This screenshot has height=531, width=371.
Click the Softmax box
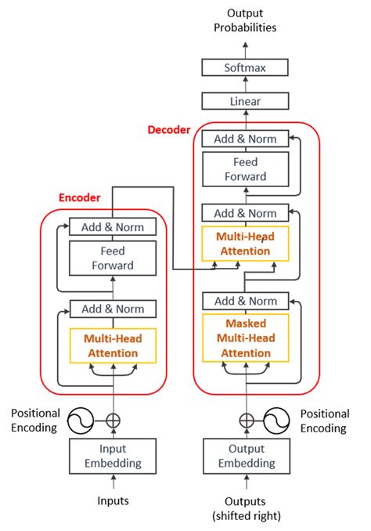[245, 67]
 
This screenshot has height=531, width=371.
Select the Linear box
[245, 101]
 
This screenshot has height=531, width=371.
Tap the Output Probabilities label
[245, 20]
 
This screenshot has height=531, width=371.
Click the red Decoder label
[169, 130]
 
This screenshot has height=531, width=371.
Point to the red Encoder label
[80, 197]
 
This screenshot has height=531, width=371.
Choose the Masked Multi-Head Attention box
[246, 338]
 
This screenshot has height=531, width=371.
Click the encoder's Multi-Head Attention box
[113, 345]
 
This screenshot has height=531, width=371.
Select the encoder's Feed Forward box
[113, 258]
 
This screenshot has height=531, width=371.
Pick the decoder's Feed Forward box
[246, 169]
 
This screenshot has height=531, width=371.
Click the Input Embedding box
[113, 456]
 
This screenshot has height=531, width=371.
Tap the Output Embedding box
[247, 456]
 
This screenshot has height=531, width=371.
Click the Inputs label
[113, 500]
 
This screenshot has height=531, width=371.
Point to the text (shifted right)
[247, 516]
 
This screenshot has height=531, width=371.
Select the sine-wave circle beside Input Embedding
[80, 421]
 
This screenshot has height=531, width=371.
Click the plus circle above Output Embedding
[247, 421]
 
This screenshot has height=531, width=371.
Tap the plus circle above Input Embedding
[113, 421]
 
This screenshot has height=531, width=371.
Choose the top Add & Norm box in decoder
[245, 139]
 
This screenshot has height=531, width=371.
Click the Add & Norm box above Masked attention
[246, 301]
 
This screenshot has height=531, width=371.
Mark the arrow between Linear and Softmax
[246, 85]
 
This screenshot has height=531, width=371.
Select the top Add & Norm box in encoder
[113, 226]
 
